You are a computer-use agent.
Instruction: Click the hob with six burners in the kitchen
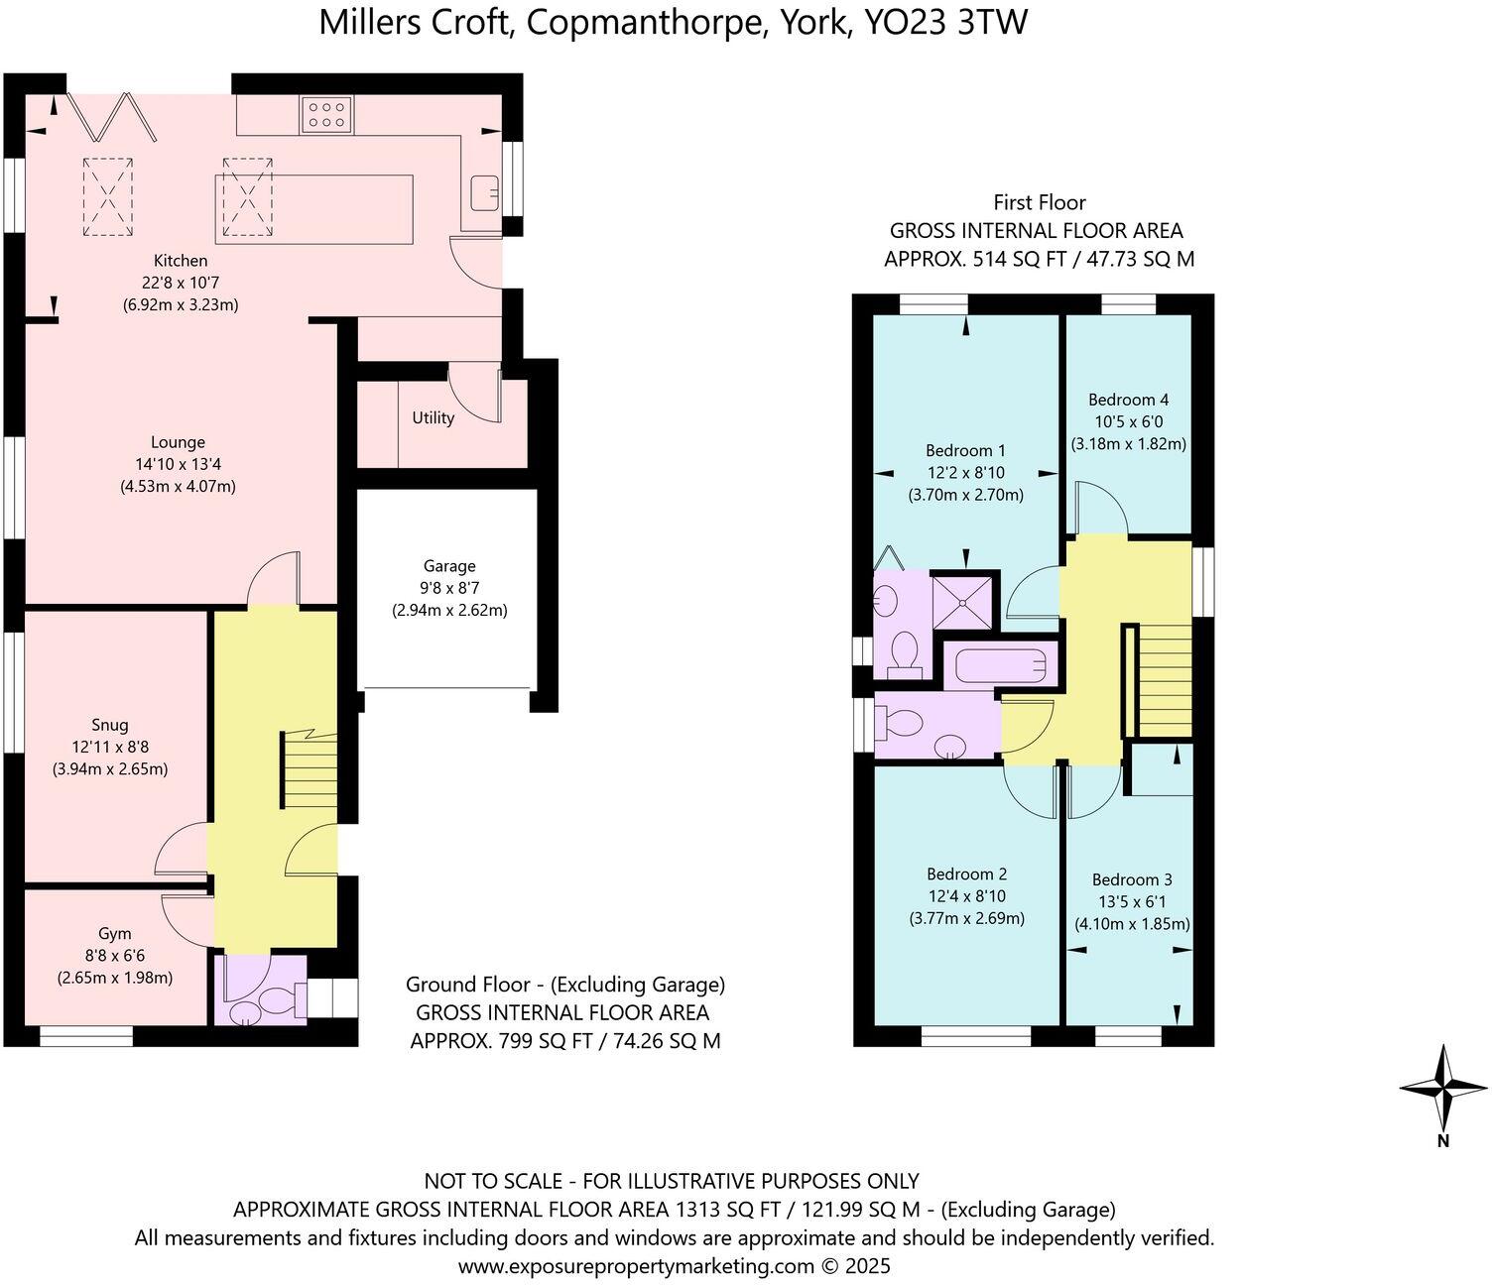[x=326, y=114]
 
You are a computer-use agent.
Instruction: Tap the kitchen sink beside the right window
[x=484, y=191]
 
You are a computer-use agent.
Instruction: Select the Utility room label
[x=434, y=417]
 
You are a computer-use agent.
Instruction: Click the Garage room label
[x=449, y=566]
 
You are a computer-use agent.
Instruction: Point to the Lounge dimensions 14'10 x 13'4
[x=179, y=464]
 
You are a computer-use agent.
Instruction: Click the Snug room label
[x=109, y=725]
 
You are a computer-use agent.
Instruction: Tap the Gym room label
[x=114, y=933]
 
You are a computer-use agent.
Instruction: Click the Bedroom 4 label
[x=1128, y=400]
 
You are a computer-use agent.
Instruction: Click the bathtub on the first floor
[x=1000, y=665]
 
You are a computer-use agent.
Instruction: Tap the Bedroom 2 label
[x=966, y=874]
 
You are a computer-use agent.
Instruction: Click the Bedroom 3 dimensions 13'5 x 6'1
[x=1132, y=901]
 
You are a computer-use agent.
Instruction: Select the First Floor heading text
[x=1039, y=202]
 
